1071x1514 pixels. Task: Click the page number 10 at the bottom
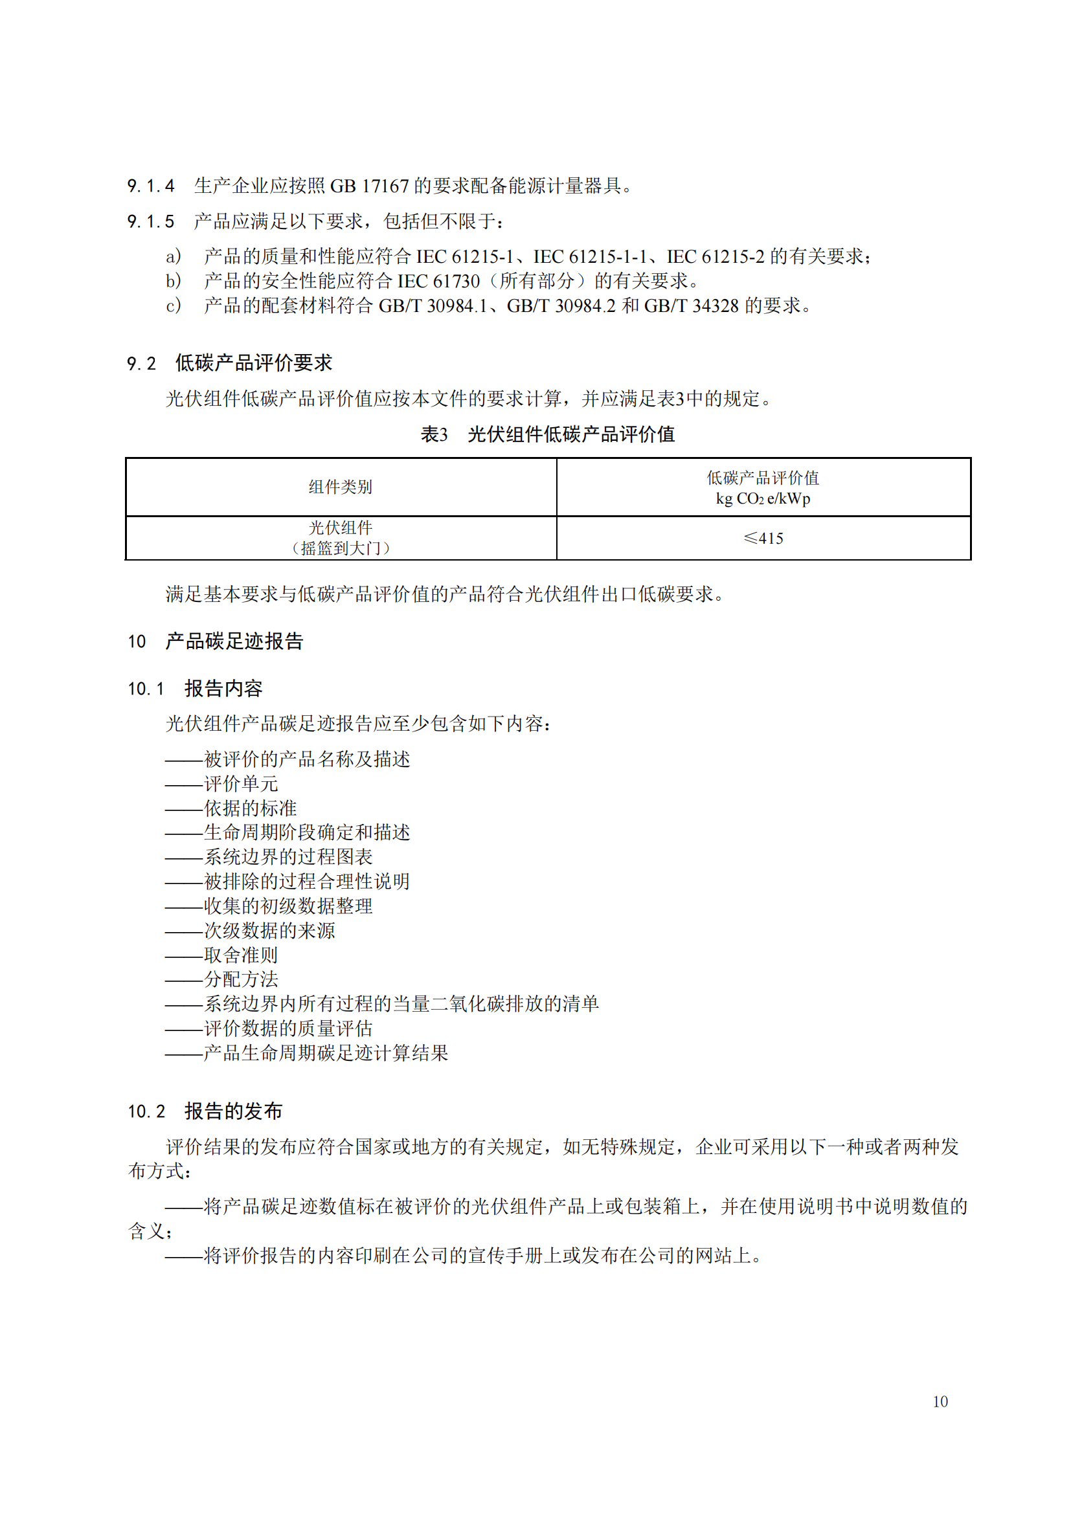tap(940, 1401)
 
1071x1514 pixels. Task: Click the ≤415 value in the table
tap(763, 538)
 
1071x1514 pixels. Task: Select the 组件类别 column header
tap(341, 487)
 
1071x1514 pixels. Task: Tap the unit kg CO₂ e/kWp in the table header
tap(763, 498)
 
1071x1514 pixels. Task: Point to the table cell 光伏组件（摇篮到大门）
tap(341, 537)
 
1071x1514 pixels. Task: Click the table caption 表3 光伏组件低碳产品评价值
tap(547, 434)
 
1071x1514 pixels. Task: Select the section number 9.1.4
tap(151, 186)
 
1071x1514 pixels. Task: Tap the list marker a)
tap(174, 256)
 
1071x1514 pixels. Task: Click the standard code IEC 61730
tap(438, 281)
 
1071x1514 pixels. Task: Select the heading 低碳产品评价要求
tap(253, 362)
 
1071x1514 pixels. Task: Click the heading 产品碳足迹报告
tap(234, 641)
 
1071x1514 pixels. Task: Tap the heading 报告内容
tap(223, 689)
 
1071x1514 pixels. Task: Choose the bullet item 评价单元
tap(241, 783)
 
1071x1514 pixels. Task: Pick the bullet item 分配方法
tap(241, 979)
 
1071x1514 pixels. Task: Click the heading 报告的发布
tap(234, 1111)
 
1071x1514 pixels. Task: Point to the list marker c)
tap(174, 306)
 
